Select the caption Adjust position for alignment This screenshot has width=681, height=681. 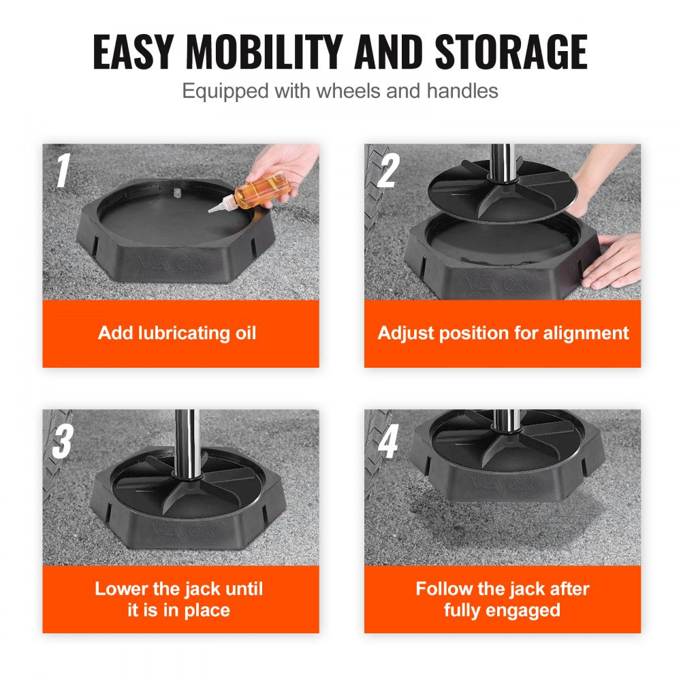(503, 333)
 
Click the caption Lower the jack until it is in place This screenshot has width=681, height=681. (178, 599)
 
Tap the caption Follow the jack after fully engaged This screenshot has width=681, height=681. (503, 599)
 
